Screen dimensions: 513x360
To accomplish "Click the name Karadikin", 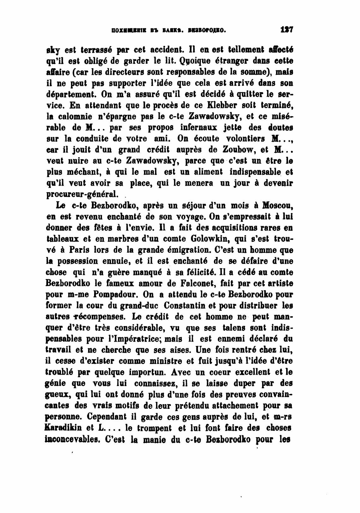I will point(65,428).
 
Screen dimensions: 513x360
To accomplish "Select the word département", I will point(72,94).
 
